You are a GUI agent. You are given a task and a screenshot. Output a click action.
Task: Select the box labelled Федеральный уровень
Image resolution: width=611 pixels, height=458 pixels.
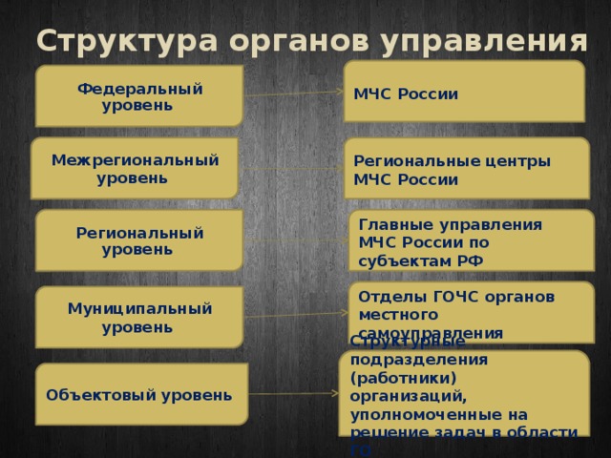(x=139, y=96)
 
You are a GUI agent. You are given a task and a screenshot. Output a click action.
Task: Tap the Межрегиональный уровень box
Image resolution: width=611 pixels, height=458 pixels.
(x=134, y=168)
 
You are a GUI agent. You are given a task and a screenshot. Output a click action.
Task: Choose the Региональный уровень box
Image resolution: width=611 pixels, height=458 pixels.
(x=139, y=240)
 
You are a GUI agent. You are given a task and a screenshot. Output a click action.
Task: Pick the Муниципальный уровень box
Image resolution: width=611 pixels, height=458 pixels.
(x=139, y=317)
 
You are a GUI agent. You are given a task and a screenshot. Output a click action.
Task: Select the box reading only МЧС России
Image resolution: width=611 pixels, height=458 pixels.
(x=464, y=92)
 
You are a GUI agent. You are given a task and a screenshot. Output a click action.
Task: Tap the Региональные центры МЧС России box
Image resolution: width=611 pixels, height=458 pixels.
(x=466, y=169)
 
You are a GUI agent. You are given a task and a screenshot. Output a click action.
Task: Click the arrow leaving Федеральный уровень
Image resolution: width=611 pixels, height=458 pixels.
(x=293, y=94)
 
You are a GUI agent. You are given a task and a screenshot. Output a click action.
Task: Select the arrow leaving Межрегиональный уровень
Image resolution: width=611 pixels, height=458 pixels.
(x=291, y=168)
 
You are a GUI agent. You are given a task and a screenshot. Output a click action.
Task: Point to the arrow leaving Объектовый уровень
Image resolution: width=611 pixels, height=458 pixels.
(x=291, y=392)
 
